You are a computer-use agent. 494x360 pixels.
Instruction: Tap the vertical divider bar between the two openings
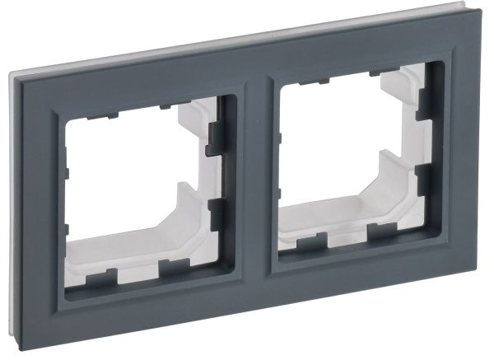click(255, 177)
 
